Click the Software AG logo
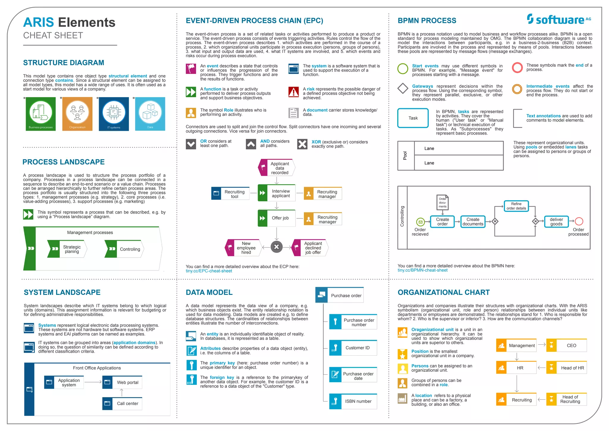click(x=559, y=19)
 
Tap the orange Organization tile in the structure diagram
click(x=77, y=114)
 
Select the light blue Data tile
click(x=150, y=114)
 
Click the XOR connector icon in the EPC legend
click(x=302, y=144)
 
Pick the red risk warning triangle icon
click(x=293, y=92)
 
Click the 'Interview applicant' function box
click(x=277, y=193)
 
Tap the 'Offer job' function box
click(x=277, y=218)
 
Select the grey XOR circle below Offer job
click(x=277, y=247)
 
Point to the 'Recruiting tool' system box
click(x=230, y=194)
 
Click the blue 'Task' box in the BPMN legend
click(x=413, y=118)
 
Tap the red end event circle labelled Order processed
click(x=579, y=221)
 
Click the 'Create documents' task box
click(x=473, y=222)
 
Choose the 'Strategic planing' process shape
click(x=67, y=249)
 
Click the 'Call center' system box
click(x=122, y=404)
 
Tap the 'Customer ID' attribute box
click(x=353, y=348)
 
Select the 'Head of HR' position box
click(x=566, y=368)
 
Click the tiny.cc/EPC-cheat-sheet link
click(x=209, y=271)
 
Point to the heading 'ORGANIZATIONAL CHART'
click(x=443, y=292)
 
